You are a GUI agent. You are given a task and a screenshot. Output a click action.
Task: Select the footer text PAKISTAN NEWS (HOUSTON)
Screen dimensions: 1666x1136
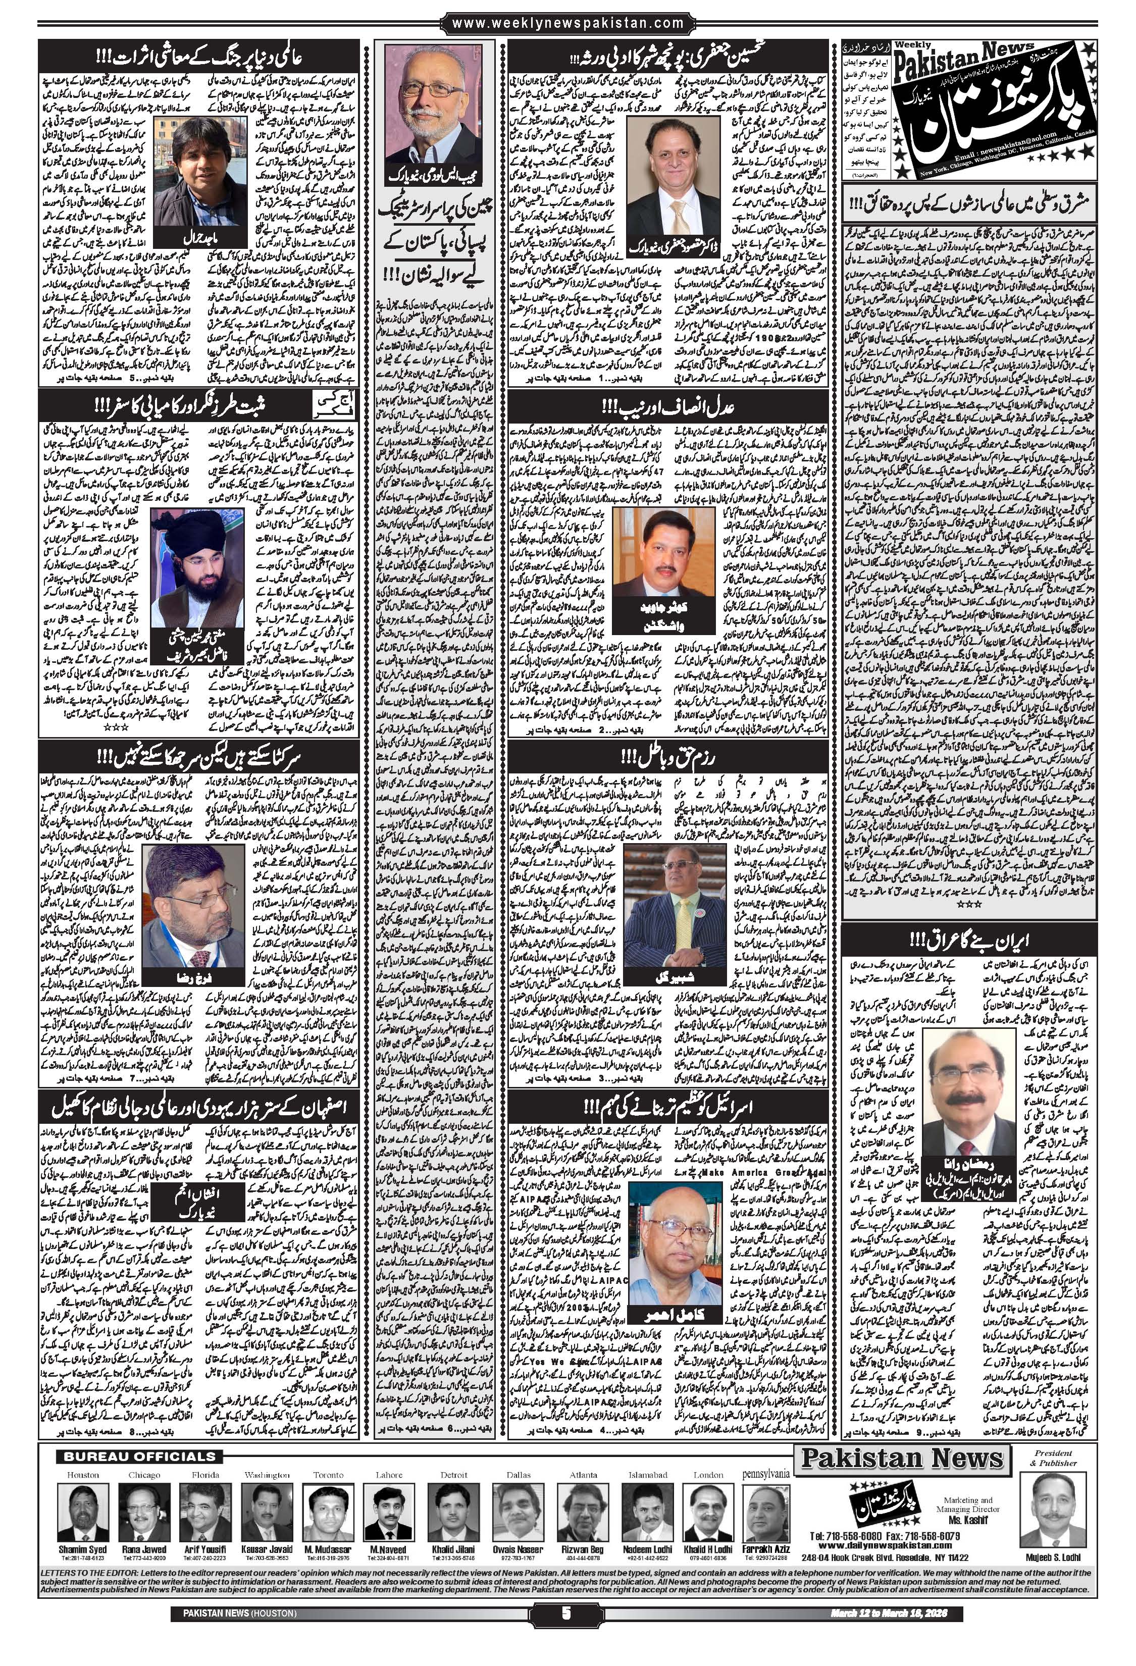234,1649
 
